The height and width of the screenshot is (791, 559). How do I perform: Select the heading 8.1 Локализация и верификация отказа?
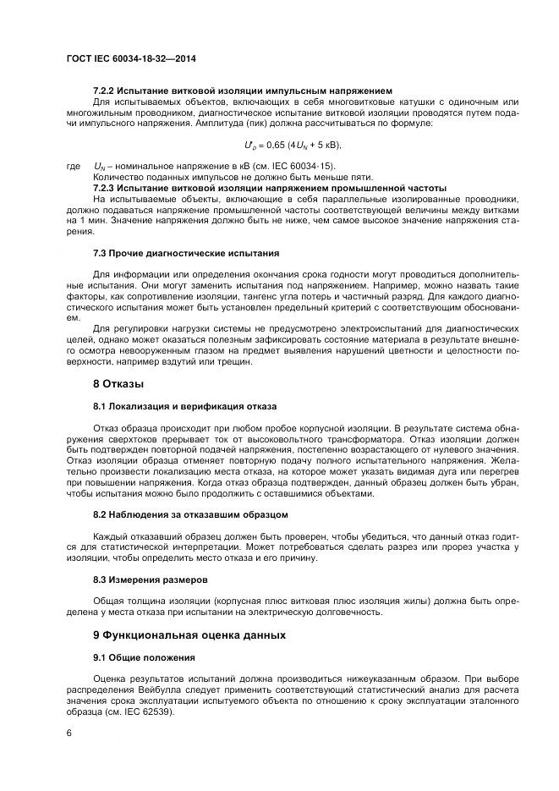[x=184, y=407]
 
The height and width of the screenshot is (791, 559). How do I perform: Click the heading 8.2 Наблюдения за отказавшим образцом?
[x=190, y=514]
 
